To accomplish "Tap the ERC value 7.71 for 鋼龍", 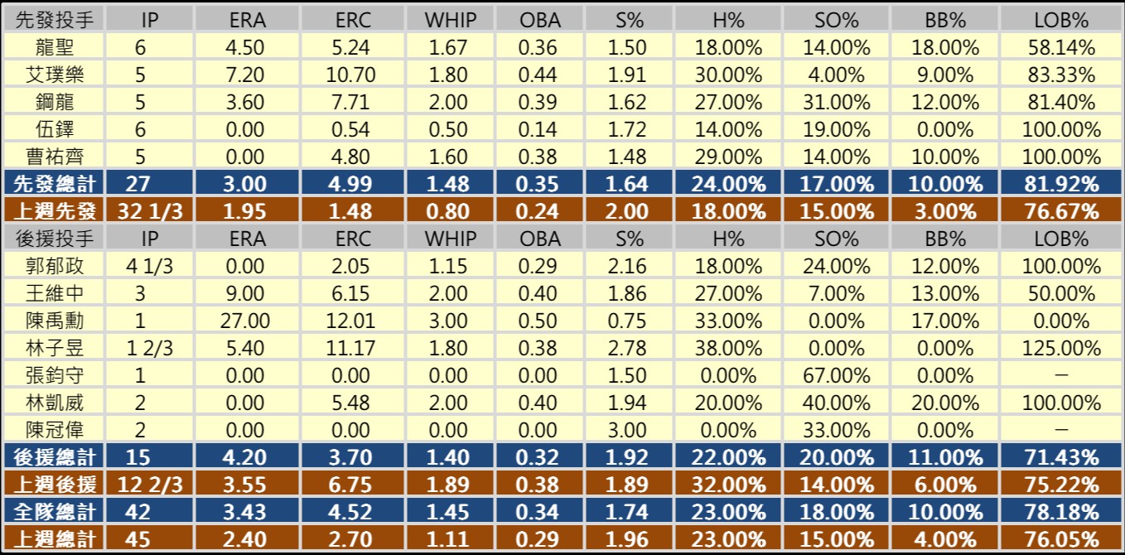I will point(355,103).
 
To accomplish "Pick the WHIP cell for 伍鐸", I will point(447,130).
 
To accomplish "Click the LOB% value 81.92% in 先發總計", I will point(1061,184).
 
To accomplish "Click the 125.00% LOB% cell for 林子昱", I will point(1061,348).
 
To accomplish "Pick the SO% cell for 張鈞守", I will point(836,375).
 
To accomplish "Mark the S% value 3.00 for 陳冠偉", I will point(626,430).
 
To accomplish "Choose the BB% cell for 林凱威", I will point(946,403).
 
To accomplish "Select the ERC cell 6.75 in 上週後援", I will point(355,485).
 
